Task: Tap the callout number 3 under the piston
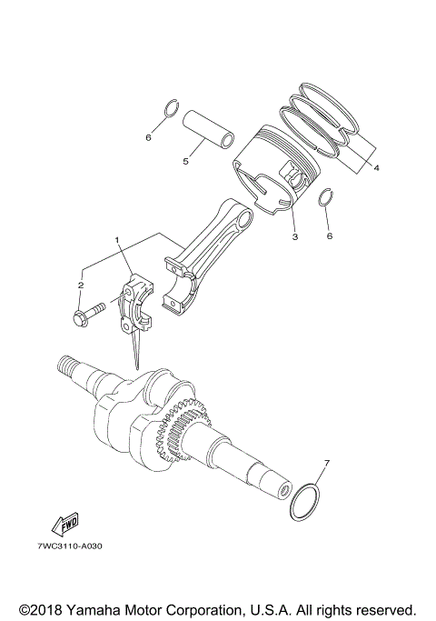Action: (294, 237)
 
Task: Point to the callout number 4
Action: (376, 167)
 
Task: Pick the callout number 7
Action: (327, 464)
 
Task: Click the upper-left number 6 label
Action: (148, 138)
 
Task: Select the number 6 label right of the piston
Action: (330, 235)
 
